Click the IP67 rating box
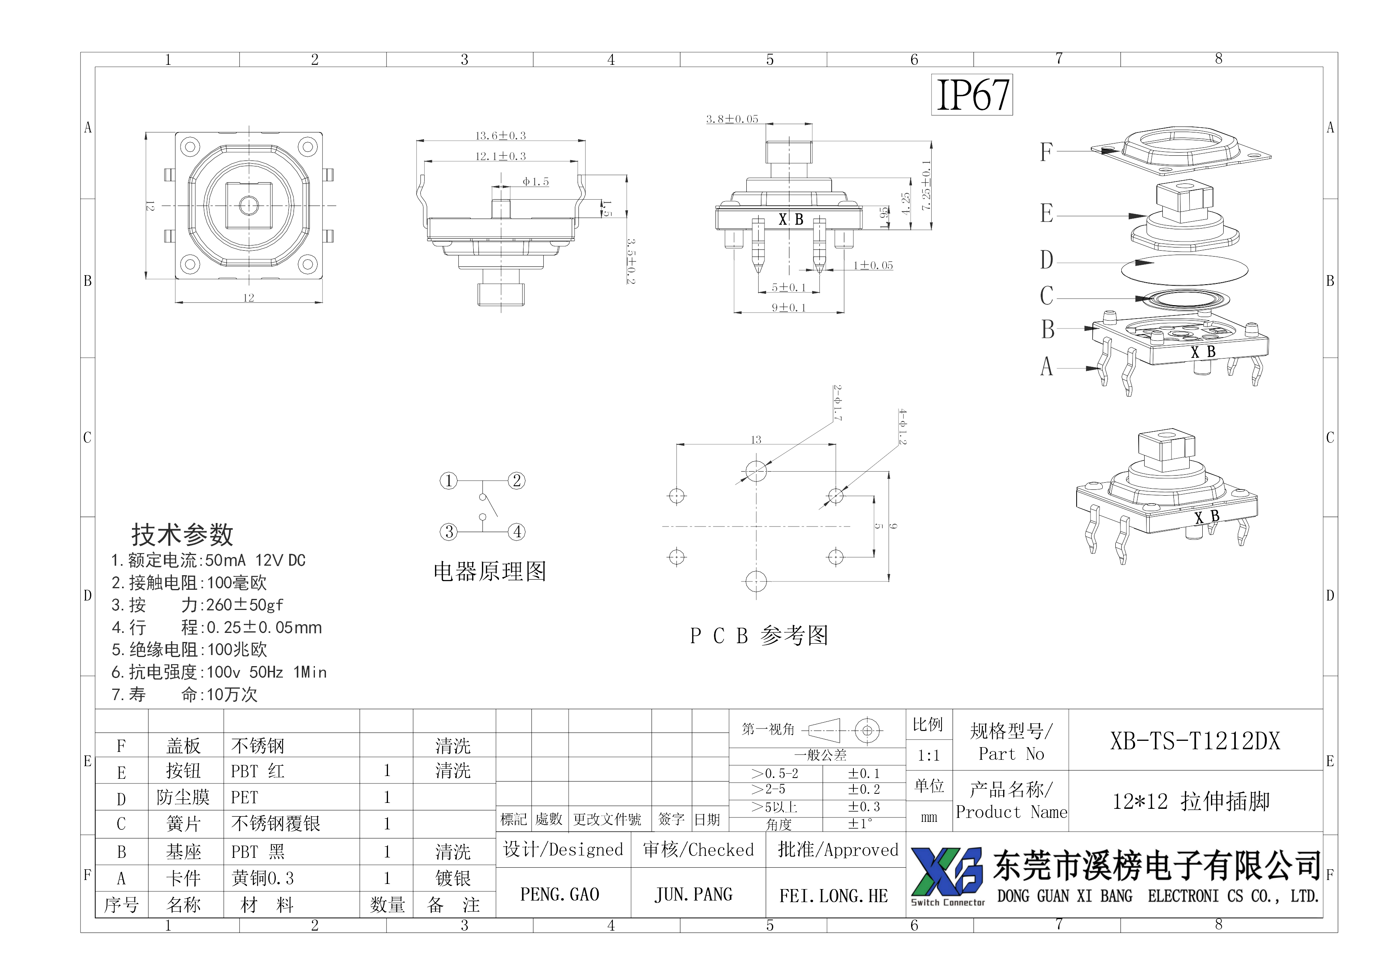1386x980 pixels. (972, 95)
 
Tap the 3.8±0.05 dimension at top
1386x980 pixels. (732, 119)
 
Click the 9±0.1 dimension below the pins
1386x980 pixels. (788, 307)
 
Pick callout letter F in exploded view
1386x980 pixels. (1046, 151)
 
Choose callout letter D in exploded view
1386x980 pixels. (1046, 260)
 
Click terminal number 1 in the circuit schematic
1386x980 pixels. (448, 481)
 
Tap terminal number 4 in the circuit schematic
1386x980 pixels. (517, 532)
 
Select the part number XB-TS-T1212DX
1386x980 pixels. (1195, 741)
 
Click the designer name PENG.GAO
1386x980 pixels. (559, 894)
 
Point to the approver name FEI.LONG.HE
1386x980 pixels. (834, 895)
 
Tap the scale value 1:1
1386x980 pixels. (928, 755)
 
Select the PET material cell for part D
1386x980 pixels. (245, 798)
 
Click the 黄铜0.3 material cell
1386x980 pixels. (263, 878)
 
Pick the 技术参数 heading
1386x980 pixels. (182, 534)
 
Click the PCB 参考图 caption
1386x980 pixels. (759, 635)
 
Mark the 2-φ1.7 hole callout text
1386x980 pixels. (837, 403)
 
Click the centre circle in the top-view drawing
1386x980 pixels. (248, 205)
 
